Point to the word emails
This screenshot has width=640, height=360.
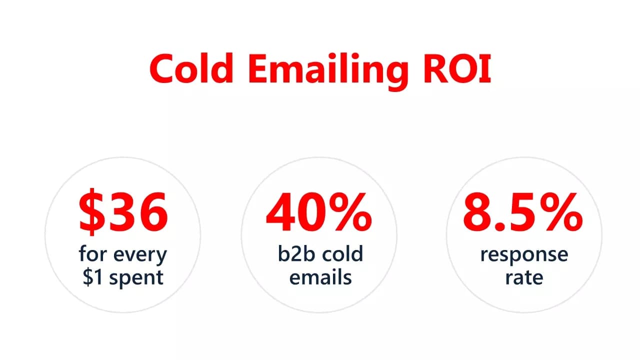[320, 276]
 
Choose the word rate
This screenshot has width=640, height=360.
[524, 276]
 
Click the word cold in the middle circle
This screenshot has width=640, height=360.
[342, 254]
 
